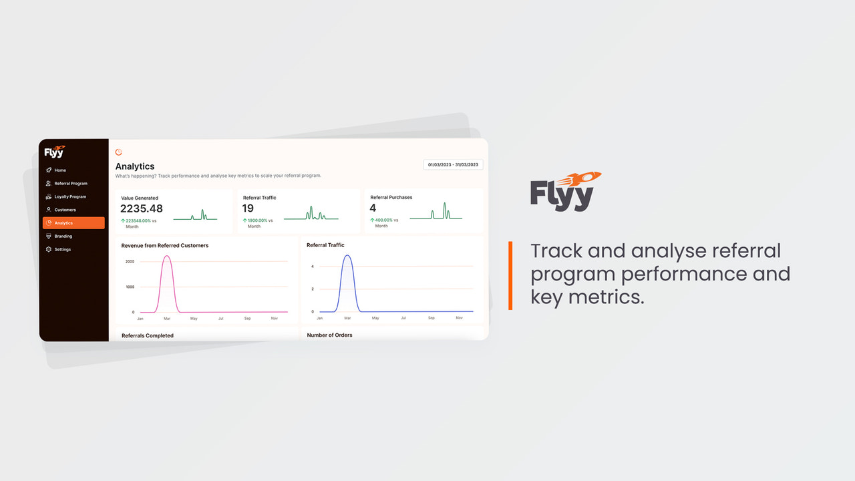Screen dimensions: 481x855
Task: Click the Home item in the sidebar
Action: click(60, 170)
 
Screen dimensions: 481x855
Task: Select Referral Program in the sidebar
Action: click(70, 184)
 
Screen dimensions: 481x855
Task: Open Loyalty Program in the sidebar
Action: click(69, 197)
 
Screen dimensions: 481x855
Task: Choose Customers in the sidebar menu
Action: click(65, 210)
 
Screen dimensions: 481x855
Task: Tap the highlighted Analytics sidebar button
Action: click(73, 223)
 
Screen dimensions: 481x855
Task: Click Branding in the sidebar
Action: click(63, 236)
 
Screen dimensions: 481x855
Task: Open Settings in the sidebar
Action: click(62, 249)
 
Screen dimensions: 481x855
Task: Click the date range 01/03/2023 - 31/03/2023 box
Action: click(453, 164)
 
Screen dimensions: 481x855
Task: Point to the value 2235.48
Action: click(142, 208)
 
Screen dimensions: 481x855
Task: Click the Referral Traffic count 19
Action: click(248, 208)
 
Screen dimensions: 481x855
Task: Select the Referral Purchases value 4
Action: click(373, 208)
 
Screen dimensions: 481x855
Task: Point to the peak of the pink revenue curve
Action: click(167, 257)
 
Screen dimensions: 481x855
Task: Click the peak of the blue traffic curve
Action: click(347, 255)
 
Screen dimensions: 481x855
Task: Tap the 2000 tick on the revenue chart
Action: click(130, 261)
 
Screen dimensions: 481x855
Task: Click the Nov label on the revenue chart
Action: click(274, 319)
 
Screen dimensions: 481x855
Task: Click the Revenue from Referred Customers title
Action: click(164, 246)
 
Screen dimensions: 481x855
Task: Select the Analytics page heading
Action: click(135, 166)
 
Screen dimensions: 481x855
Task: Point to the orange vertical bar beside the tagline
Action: click(510, 275)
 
